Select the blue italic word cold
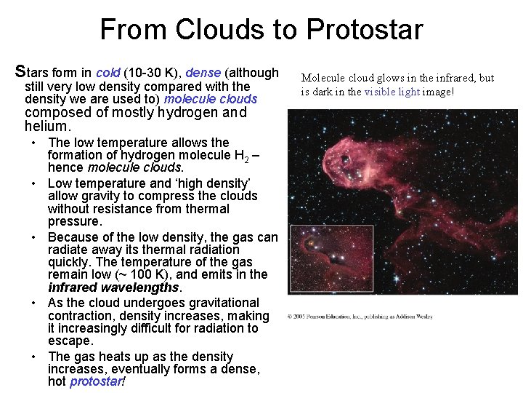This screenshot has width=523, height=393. point(108,73)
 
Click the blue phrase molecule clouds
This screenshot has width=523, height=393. point(211,98)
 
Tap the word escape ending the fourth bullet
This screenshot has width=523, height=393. point(70,341)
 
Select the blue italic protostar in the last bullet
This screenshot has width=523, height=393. point(96,382)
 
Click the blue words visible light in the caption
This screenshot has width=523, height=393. point(392,92)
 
